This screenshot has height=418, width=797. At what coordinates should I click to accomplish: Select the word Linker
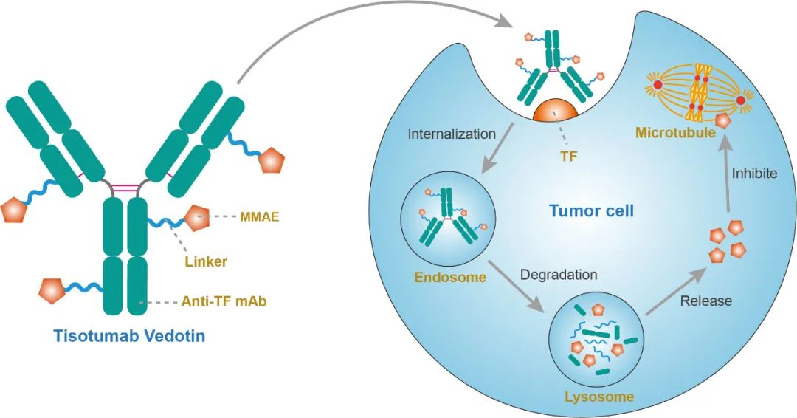point(206,261)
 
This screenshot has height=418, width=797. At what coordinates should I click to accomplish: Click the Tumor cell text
point(592,211)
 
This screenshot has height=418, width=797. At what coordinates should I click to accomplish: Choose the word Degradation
point(559,275)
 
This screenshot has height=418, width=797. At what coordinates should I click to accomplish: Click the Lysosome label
point(599,397)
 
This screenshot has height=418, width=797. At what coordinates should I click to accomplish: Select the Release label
point(705,301)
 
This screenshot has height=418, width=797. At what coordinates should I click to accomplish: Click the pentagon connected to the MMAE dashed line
point(198,219)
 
